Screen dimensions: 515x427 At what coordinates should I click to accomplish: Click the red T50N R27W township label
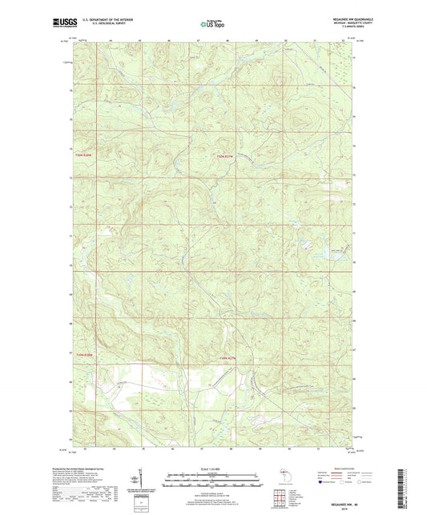point(228,155)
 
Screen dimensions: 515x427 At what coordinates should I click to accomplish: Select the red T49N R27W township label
point(228,357)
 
